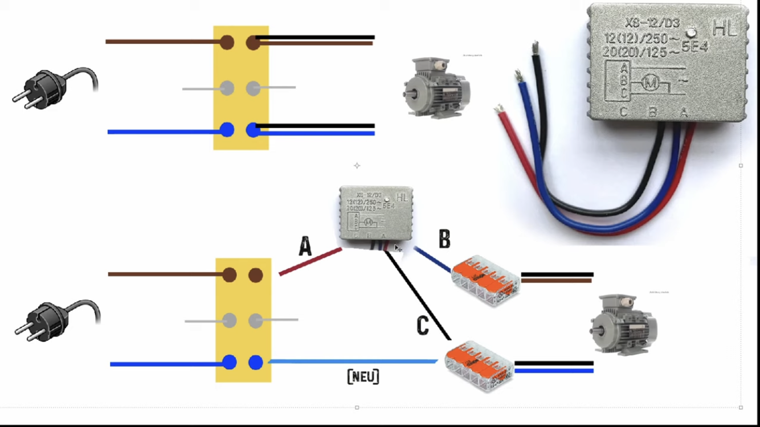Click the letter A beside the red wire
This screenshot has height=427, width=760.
(x=305, y=247)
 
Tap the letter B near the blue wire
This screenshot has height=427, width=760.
(x=444, y=240)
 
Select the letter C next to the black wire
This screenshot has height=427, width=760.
(x=422, y=325)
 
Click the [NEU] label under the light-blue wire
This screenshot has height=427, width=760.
(x=363, y=376)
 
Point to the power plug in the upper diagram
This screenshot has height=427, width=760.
(x=54, y=87)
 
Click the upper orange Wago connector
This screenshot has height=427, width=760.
(x=485, y=282)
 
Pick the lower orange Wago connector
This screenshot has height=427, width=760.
(x=479, y=365)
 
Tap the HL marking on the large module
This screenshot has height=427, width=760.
(x=725, y=27)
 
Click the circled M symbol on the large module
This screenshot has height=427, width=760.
(x=650, y=83)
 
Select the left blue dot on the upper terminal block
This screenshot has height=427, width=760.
(x=227, y=130)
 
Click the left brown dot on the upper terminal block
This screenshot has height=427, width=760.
(x=227, y=42)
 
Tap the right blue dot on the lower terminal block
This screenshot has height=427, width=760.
(x=256, y=362)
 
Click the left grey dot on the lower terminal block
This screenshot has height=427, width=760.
(x=230, y=321)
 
